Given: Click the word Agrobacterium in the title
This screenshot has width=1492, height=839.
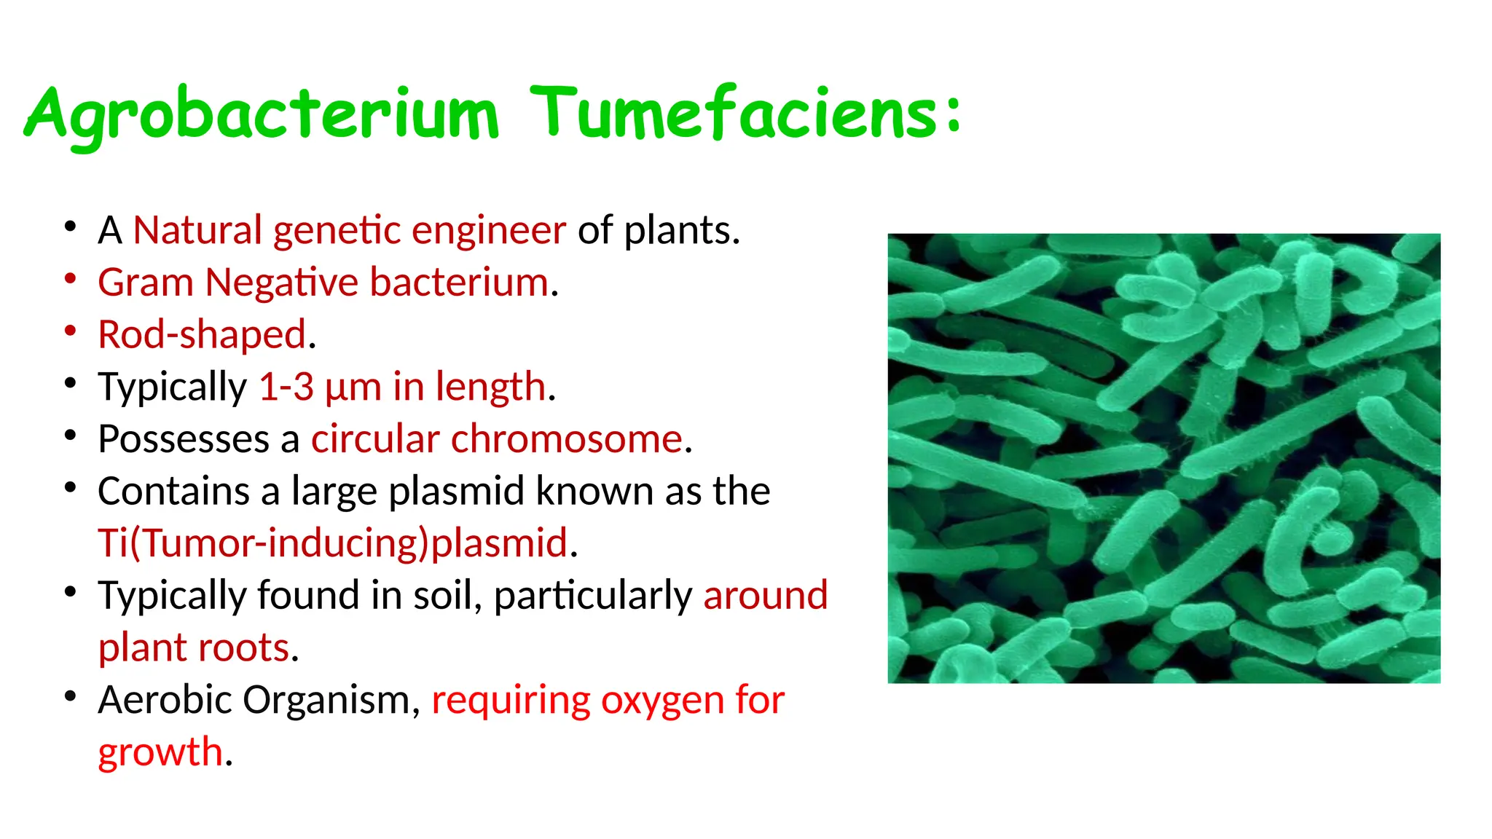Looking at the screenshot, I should click(x=262, y=115).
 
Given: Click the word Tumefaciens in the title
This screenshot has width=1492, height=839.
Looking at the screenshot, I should click(x=733, y=114).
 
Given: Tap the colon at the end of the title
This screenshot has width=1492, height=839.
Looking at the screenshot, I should click(x=954, y=115).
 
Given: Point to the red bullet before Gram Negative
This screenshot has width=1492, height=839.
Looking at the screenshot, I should click(x=71, y=279).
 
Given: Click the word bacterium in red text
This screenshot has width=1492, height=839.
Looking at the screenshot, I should click(x=459, y=283).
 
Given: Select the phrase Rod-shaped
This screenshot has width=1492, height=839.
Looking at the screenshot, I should click(x=202, y=335).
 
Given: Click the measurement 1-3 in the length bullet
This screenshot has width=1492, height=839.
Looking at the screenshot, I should click(x=286, y=387).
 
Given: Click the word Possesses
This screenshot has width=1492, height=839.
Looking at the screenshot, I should click(x=184, y=439).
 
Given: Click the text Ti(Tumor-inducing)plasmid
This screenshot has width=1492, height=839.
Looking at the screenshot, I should click(x=332, y=543).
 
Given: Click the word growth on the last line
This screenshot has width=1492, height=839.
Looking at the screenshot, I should click(x=160, y=752).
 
